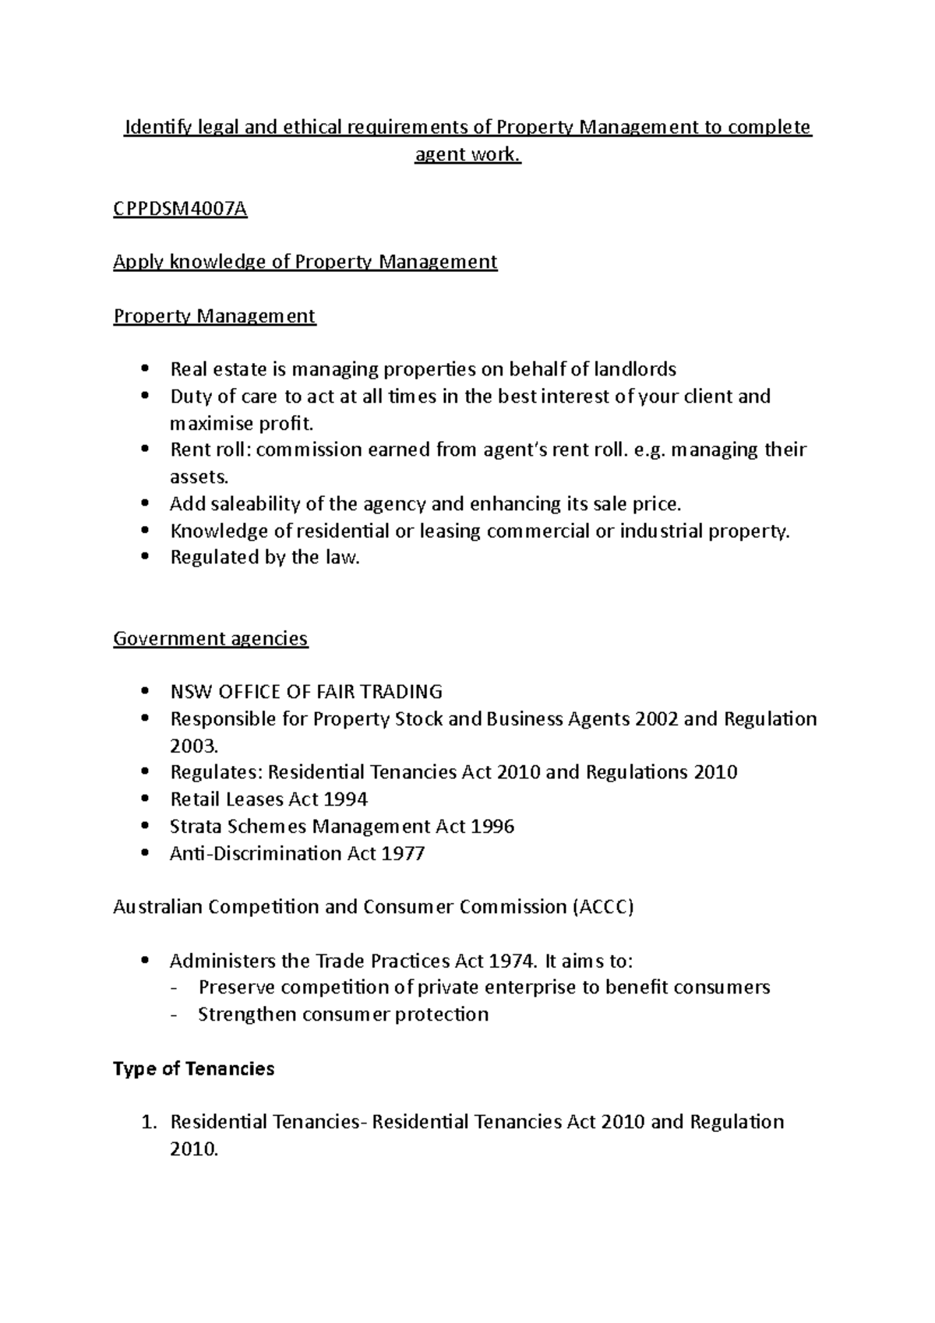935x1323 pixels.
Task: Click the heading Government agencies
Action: click(210, 639)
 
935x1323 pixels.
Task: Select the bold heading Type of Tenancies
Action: click(193, 1069)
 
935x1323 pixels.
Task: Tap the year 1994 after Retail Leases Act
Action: click(345, 799)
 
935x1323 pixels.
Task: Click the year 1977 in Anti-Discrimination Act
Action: click(403, 853)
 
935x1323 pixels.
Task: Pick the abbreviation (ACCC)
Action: click(603, 908)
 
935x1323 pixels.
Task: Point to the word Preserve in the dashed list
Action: click(236, 988)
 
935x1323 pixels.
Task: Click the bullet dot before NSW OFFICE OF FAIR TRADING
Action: click(143, 692)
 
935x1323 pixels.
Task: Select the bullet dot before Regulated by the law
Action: click(143, 558)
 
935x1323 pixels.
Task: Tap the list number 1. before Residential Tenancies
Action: click(148, 1123)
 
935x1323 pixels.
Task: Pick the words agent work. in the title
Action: click(467, 154)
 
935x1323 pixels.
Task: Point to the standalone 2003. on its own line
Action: click(193, 746)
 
